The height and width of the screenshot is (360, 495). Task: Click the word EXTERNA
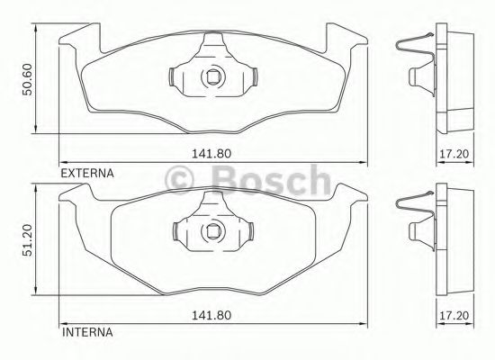pyautogui.click(x=87, y=170)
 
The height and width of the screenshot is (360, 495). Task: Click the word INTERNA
pyautogui.click(x=86, y=332)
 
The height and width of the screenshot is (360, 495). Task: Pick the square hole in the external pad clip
pyautogui.click(x=213, y=76)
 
